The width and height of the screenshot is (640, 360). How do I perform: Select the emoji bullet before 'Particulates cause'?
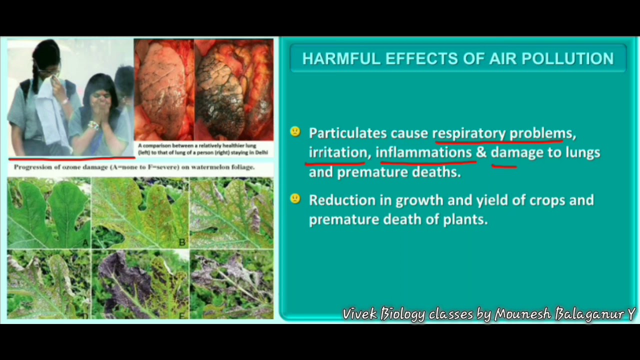(295, 132)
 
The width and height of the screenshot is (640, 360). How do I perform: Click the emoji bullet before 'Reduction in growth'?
(295, 198)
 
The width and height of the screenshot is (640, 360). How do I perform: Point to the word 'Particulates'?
(347, 133)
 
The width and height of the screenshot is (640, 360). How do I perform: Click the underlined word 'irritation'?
(337, 152)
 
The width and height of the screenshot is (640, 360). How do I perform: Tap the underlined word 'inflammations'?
(423, 152)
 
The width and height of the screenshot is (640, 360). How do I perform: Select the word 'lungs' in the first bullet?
(582, 152)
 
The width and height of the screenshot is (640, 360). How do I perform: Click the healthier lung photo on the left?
(164, 90)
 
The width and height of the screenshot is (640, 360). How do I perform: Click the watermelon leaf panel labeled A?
(48, 212)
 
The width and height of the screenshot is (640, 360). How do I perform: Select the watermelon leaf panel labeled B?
(140, 212)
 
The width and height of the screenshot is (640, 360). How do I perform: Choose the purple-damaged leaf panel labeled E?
(140, 285)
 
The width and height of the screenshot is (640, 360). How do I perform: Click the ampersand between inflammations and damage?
(481, 152)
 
